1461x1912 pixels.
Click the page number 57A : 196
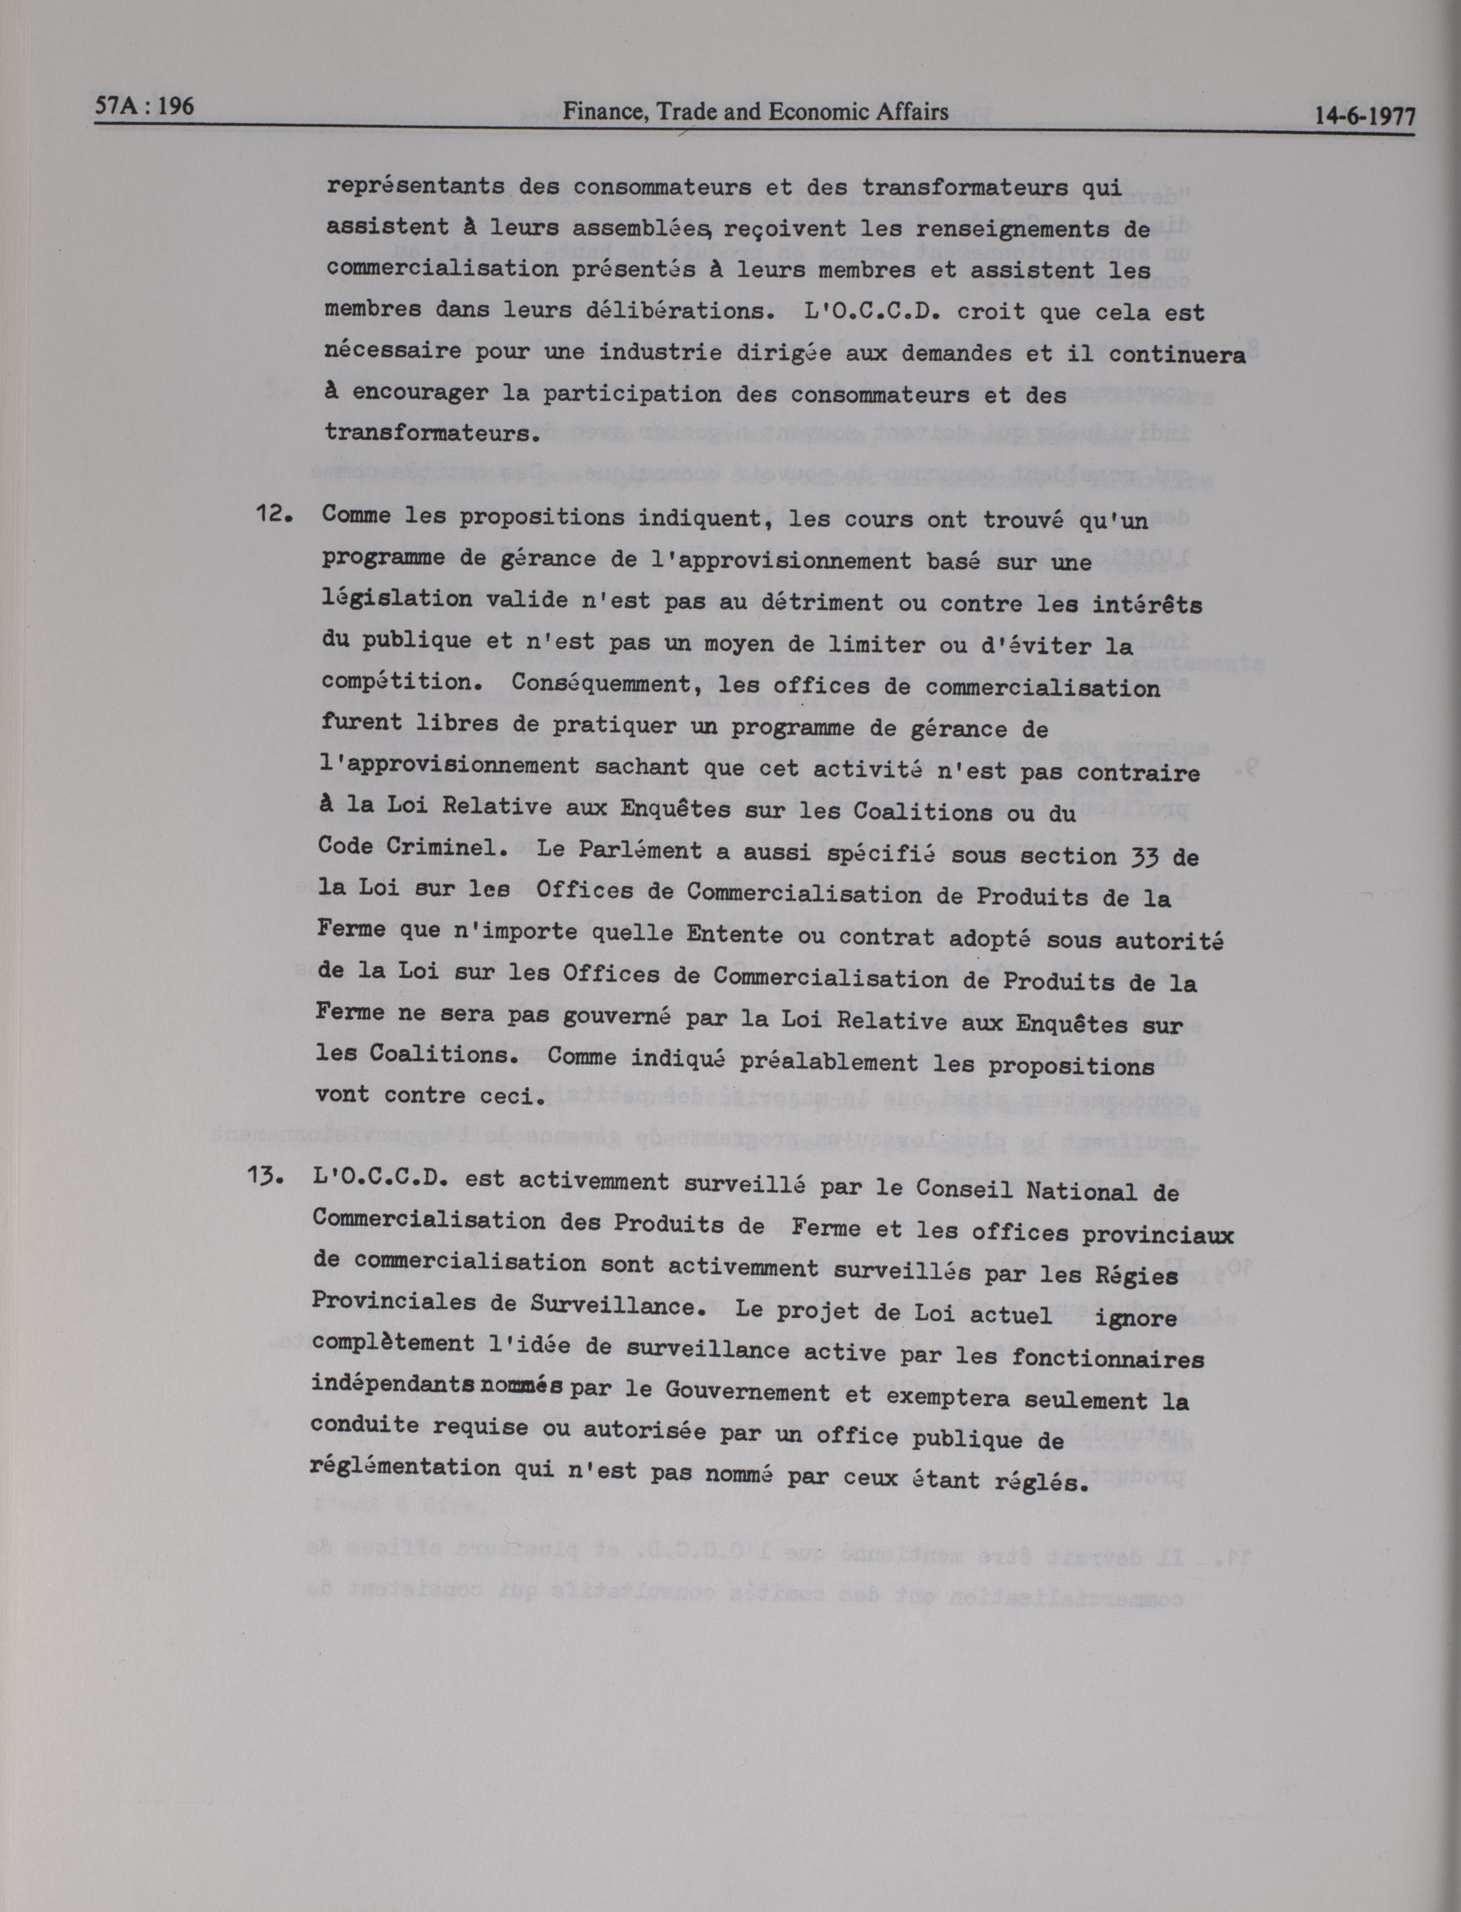tap(144, 107)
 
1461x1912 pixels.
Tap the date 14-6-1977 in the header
tap(1364, 116)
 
